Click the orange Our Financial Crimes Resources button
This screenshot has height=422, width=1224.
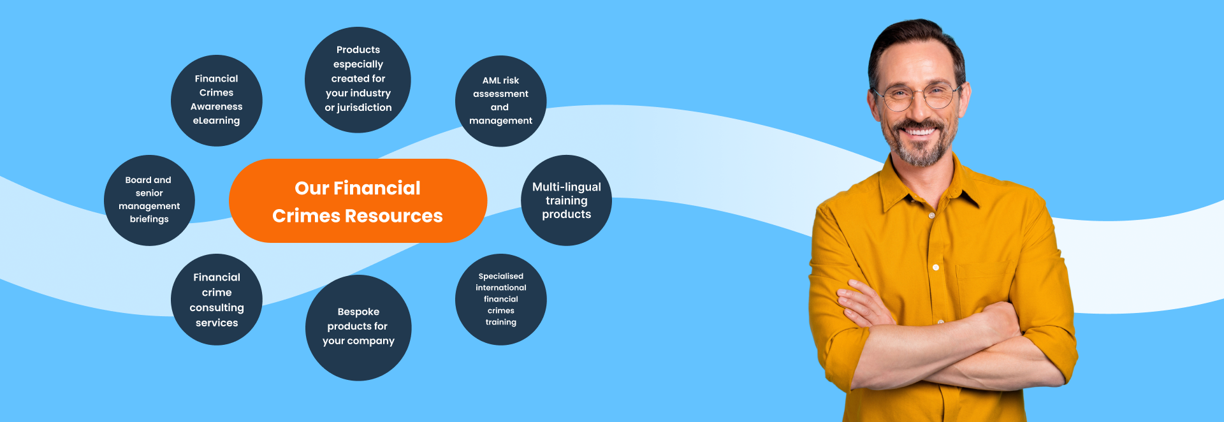(x=358, y=201)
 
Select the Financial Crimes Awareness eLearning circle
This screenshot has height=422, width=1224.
(x=217, y=100)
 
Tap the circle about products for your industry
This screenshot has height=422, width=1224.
(x=358, y=80)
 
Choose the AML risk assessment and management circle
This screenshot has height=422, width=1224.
(x=500, y=101)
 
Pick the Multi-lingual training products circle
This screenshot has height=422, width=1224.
(x=566, y=200)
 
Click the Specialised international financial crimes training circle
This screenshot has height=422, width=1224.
(x=500, y=300)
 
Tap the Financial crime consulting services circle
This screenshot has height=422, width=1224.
(x=217, y=300)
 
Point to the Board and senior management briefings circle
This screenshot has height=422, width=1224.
(x=149, y=200)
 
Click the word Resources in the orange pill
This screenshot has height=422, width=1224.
(x=393, y=216)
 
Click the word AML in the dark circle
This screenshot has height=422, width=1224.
(x=492, y=80)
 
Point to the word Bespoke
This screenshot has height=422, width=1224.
(x=358, y=312)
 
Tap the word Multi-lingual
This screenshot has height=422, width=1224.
(x=566, y=187)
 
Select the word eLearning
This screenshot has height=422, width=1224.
(x=217, y=120)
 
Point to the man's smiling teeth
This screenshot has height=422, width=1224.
(x=920, y=132)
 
